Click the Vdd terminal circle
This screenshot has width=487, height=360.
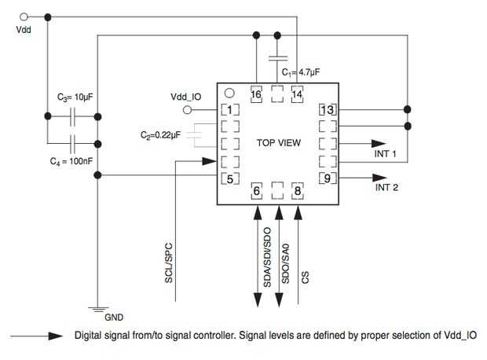click(x=24, y=17)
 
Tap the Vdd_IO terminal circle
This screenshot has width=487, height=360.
click(x=187, y=110)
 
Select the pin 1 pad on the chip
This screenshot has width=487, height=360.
click(x=230, y=110)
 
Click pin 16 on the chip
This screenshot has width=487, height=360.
click(x=256, y=94)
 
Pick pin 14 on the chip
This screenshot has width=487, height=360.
click(x=297, y=94)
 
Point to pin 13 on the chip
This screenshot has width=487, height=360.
click(x=328, y=110)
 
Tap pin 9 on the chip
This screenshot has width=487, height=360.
click(x=328, y=178)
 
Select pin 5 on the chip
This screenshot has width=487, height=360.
click(x=230, y=179)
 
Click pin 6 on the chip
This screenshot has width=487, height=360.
click(x=256, y=191)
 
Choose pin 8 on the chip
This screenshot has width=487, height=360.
click(x=298, y=191)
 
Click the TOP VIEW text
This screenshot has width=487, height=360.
click(x=279, y=143)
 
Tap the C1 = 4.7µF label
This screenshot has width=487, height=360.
click(x=301, y=72)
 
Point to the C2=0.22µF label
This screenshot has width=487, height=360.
click(x=160, y=135)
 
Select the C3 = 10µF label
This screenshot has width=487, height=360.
click(x=75, y=97)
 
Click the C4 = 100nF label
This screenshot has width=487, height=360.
click(x=71, y=161)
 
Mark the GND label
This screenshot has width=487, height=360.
click(x=114, y=318)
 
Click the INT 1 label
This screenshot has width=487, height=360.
click(x=385, y=154)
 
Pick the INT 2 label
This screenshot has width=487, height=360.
click(x=386, y=187)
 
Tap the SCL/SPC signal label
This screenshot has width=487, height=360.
click(x=168, y=263)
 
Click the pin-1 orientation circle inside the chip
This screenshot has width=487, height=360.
click(x=229, y=93)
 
